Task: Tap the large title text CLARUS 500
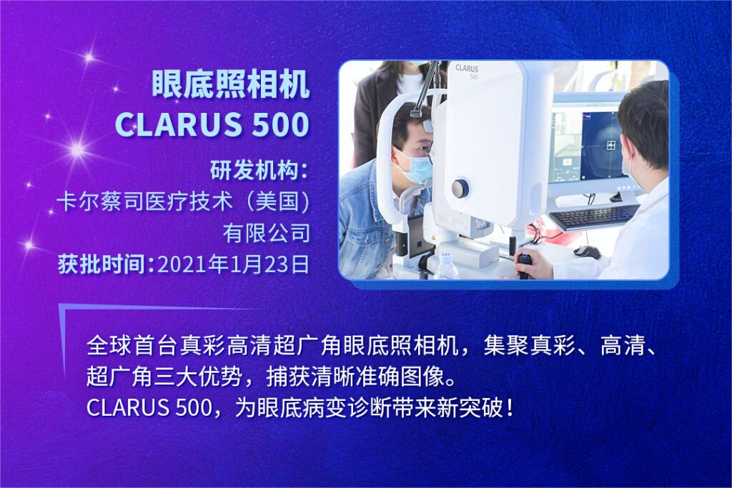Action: [x=212, y=124]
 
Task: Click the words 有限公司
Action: [x=267, y=233]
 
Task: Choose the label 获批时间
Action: [x=104, y=264]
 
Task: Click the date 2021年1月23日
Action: [x=234, y=264]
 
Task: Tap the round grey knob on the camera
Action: [x=460, y=189]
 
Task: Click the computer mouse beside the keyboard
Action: [x=586, y=252]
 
